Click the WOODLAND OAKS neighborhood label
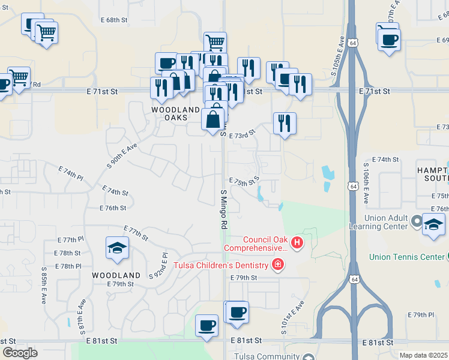point(175,113)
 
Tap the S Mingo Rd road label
point(223,209)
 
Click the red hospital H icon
point(297,242)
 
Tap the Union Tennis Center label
point(406,257)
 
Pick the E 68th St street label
point(116,20)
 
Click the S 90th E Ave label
point(122,154)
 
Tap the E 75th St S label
point(244,181)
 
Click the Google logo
point(20,352)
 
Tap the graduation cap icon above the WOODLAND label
point(117,247)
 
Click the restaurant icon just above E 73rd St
point(285,123)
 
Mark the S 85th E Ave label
point(44,286)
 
